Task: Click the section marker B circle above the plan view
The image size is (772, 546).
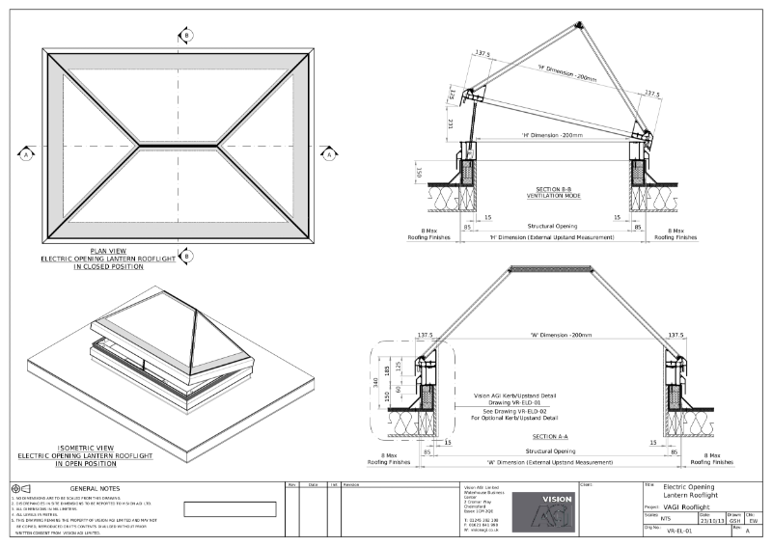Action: pyautogui.click(x=186, y=36)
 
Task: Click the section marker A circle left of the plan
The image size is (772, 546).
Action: pyautogui.click(x=26, y=153)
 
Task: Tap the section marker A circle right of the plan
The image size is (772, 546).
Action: pyautogui.click(x=328, y=153)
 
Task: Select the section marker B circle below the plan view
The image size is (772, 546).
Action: pyautogui.click(x=186, y=256)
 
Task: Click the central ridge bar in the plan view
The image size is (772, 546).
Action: pyautogui.click(x=179, y=146)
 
